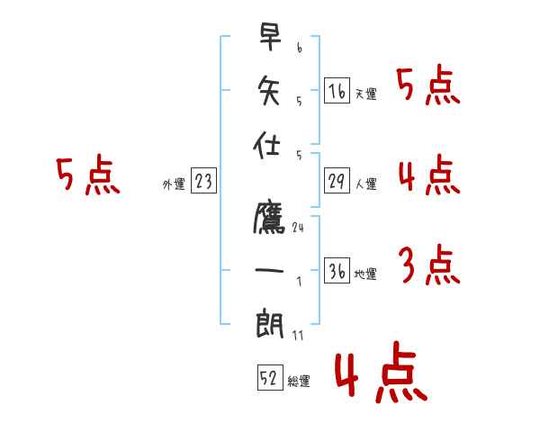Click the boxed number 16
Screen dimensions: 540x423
point(337,91)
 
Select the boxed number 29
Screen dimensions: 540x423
point(337,182)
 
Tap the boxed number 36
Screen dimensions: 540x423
point(337,272)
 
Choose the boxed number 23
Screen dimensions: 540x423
point(203,183)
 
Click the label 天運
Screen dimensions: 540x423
point(365,94)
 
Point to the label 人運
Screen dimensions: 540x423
point(365,184)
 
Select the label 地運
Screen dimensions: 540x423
point(365,274)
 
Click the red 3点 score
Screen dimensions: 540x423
point(427,267)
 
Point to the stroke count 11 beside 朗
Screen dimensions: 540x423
point(298,335)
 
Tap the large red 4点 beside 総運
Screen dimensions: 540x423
point(380,376)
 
